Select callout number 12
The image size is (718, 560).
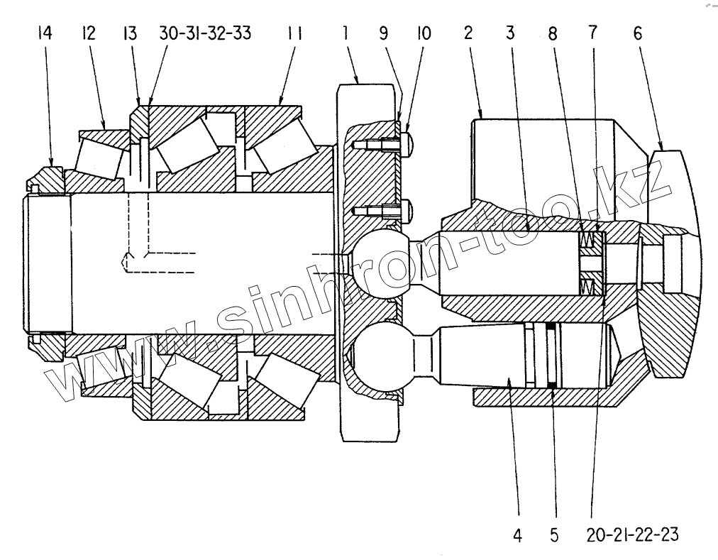click(x=88, y=33)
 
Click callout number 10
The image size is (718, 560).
click(x=424, y=33)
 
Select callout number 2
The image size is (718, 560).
click(x=468, y=33)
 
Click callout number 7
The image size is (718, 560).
click(x=592, y=33)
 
